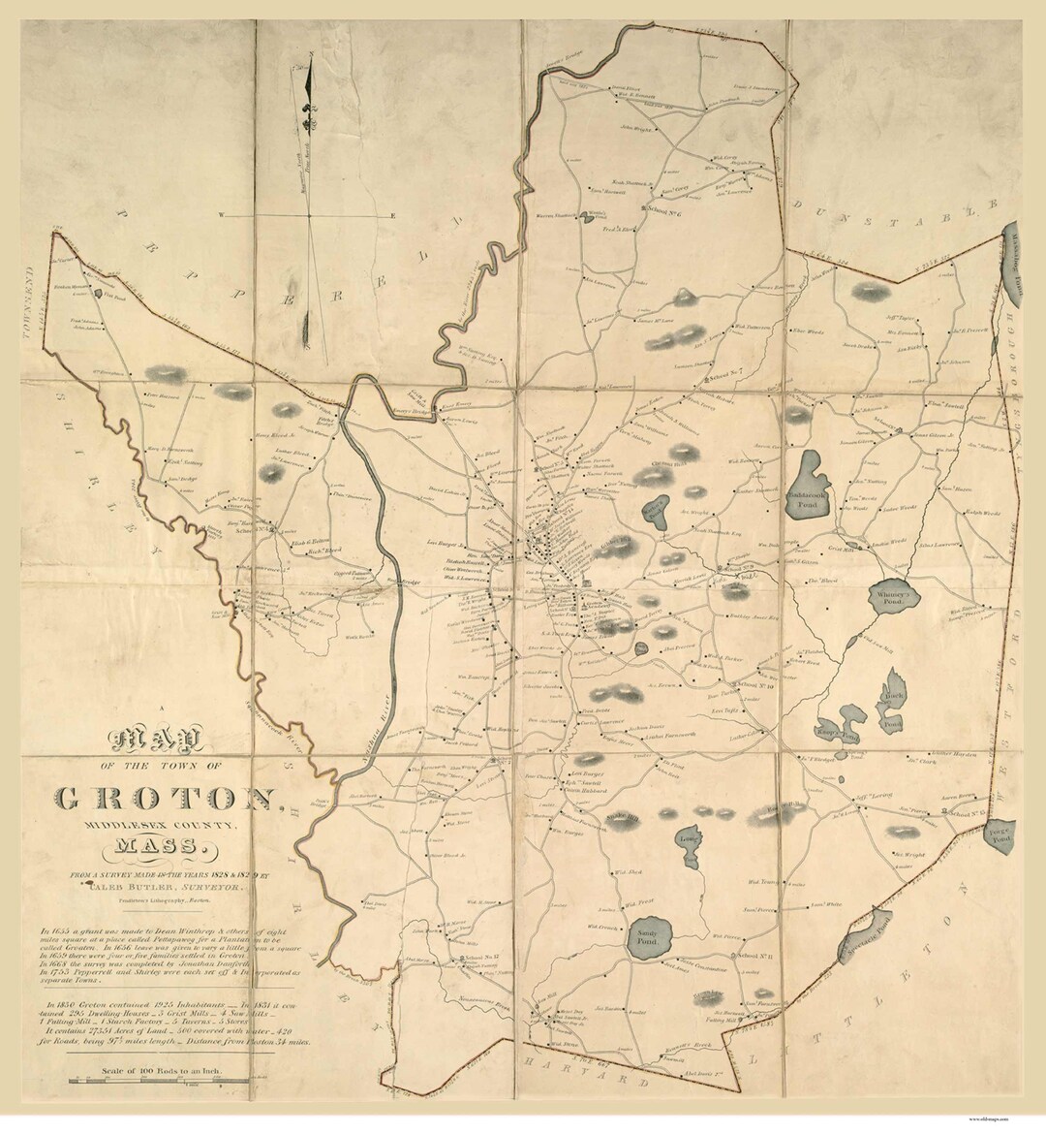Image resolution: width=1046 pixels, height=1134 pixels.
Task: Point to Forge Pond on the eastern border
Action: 999,833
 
